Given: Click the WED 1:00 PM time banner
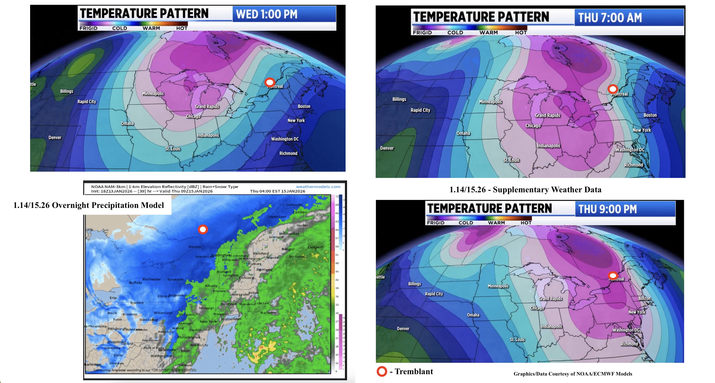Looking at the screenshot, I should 284,14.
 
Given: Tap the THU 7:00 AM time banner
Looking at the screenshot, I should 629,18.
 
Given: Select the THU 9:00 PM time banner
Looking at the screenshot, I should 625,209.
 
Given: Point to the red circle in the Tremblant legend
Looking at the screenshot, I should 382,371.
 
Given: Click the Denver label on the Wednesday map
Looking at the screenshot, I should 55,138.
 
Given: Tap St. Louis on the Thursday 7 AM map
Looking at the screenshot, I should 511,160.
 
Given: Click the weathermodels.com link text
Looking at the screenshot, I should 318,187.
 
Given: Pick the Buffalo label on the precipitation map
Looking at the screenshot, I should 135,283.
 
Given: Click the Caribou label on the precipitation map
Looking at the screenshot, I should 300,212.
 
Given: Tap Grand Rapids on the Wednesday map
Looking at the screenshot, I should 207,107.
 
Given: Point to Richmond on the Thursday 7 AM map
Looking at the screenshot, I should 633,165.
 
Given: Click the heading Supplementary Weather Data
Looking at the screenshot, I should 525,190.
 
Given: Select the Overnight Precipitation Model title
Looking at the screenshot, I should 89,205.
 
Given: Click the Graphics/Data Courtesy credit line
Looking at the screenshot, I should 573,374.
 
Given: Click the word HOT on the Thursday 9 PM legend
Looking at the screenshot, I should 526,223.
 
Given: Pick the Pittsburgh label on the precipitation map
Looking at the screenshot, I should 117,329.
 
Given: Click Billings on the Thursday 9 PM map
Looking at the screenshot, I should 414,284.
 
